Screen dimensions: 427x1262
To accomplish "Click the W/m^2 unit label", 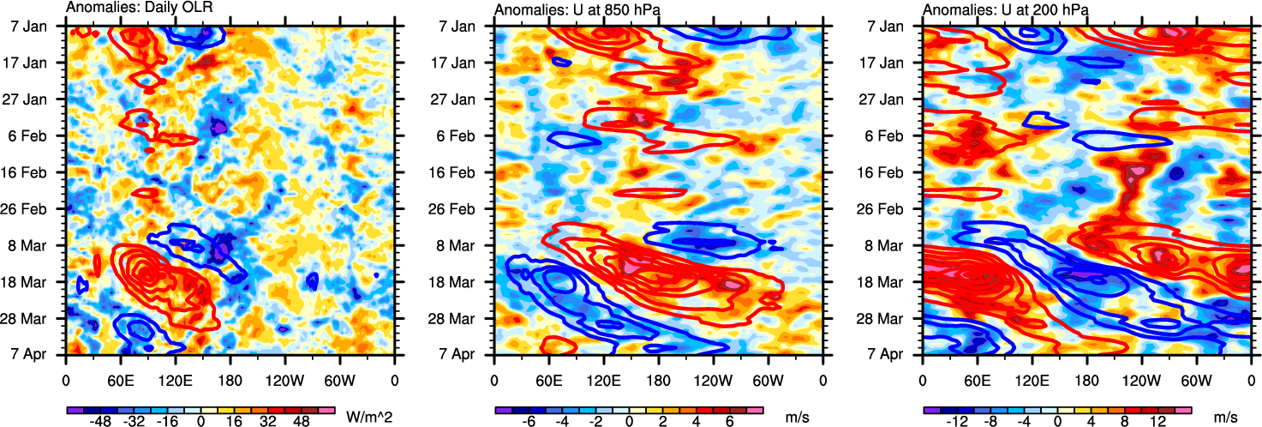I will click(369, 417).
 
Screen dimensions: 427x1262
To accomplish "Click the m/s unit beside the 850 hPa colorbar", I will click(798, 417).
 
